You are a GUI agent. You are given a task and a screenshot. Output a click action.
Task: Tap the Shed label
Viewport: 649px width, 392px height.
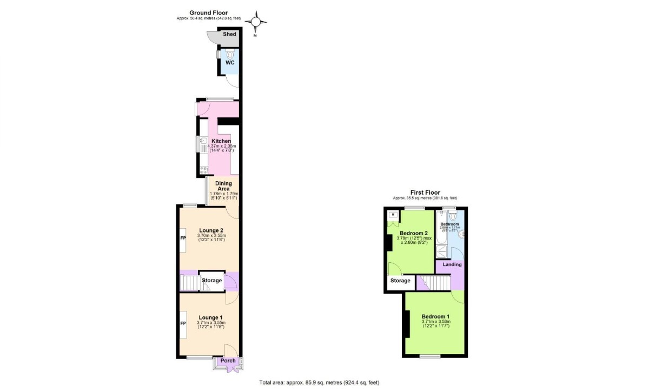(x=230, y=35)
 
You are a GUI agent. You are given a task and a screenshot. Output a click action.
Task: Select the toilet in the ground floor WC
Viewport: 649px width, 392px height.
(x=230, y=55)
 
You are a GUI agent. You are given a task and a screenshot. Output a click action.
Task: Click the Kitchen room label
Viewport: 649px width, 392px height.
(x=221, y=141)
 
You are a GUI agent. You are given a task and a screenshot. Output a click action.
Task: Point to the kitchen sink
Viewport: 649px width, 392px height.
(x=201, y=143)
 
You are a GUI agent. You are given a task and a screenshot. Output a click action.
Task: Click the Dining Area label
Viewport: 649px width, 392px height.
(x=223, y=186)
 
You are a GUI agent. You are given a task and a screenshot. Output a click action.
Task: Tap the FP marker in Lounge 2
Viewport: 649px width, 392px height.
(x=183, y=238)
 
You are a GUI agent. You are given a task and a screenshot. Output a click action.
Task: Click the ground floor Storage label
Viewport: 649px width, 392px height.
(x=211, y=281)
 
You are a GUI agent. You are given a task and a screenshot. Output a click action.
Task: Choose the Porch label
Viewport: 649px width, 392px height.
(x=228, y=361)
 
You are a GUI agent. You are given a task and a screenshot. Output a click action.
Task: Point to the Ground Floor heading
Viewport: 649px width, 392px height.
(x=208, y=12)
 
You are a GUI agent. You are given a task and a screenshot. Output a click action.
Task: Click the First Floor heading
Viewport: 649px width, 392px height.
(x=425, y=192)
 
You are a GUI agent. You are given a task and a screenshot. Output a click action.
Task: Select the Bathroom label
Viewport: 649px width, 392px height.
(x=449, y=224)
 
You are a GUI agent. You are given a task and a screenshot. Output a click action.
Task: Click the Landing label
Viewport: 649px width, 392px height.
(x=452, y=264)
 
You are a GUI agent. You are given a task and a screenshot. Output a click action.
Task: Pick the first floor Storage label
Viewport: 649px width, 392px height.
(x=400, y=281)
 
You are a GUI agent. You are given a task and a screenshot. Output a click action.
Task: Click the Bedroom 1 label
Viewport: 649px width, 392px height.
(x=435, y=316)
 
